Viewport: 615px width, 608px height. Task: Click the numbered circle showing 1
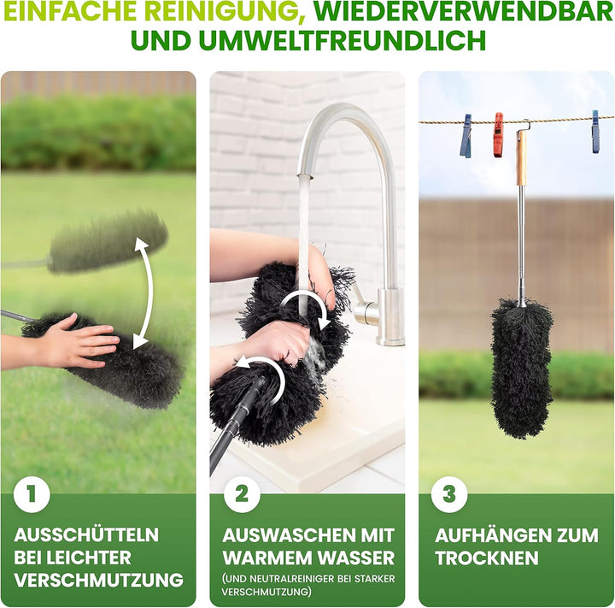click(32, 493)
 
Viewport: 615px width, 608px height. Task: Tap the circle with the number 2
click(241, 493)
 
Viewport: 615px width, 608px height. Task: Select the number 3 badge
click(449, 493)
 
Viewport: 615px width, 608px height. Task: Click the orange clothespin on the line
click(498, 134)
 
